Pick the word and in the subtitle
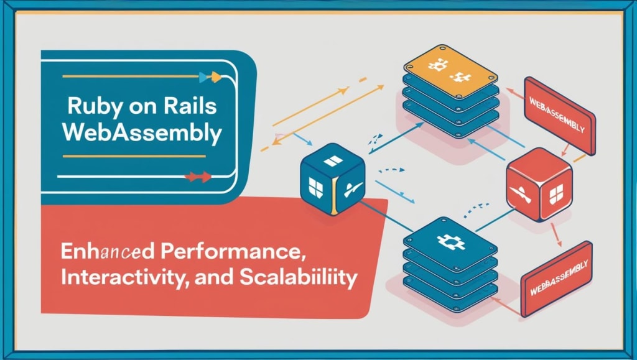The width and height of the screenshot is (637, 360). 214,277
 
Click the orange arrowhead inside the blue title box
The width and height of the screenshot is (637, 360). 215,77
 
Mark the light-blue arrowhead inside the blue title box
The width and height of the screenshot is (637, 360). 203,77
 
